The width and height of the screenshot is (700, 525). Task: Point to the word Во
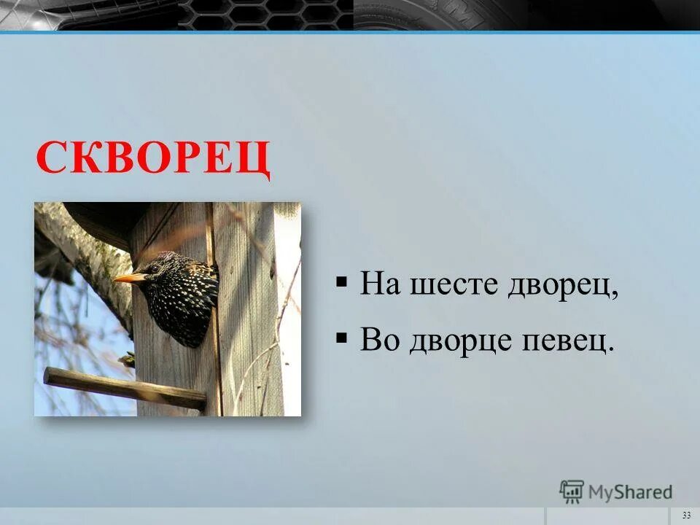point(378,339)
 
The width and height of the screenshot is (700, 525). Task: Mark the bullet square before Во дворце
point(341,337)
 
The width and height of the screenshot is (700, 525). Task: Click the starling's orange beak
point(128,277)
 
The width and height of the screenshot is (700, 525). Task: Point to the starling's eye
point(155,268)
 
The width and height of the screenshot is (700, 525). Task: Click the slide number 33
point(686,516)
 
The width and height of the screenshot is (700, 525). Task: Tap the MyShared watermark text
point(631,491)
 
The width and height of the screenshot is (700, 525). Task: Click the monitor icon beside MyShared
point(572,491)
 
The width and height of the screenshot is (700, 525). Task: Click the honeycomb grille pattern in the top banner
point(266,15)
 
